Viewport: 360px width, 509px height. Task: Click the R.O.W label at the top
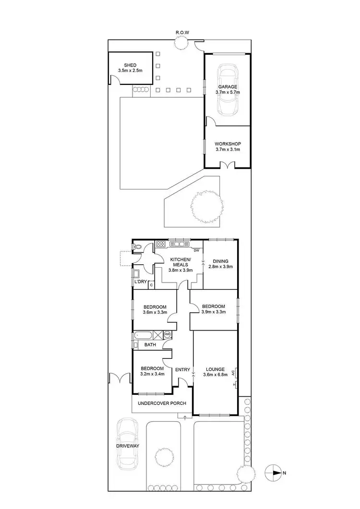(182, 33)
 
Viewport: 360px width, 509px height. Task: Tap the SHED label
(130, 65)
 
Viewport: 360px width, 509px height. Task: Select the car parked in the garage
(227, 90)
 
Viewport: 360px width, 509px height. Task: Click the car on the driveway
(127, 443)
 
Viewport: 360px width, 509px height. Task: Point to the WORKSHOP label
(227, 144)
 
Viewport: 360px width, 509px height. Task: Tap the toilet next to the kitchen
(138, 248)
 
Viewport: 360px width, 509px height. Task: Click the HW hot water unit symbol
(168, 334)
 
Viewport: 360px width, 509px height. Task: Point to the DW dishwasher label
(196, 250)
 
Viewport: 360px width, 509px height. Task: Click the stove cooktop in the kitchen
(160, 244)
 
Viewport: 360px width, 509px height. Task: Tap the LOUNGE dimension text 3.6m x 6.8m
(215, 375)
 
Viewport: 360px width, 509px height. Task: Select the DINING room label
(221, 261)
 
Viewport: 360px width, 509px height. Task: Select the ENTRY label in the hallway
(182, 369)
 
